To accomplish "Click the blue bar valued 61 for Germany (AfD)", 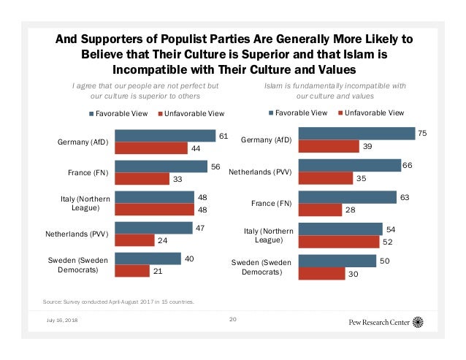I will coord(165,136).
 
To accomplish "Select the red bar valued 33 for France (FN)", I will coord(141,178).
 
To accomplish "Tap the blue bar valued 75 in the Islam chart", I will coord(357,133).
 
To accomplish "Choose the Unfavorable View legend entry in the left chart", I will coord(191,113).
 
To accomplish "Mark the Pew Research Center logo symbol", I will coord(418,322).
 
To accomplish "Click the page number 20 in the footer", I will coord(233,319).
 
